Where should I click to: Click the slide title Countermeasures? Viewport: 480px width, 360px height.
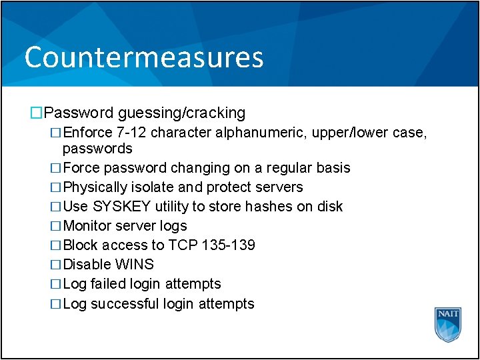(x=144, y=57)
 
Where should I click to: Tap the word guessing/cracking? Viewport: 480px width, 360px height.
(x=182, y=113)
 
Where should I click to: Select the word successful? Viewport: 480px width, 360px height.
(x=125, y=304)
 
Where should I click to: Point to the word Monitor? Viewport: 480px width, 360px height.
(x=87, y=226)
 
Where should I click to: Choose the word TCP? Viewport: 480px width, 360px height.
(x=183, y=245)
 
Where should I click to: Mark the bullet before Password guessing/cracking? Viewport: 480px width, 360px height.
(x=36, y=113)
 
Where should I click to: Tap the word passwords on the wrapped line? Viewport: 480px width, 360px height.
(x=97, y=148)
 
